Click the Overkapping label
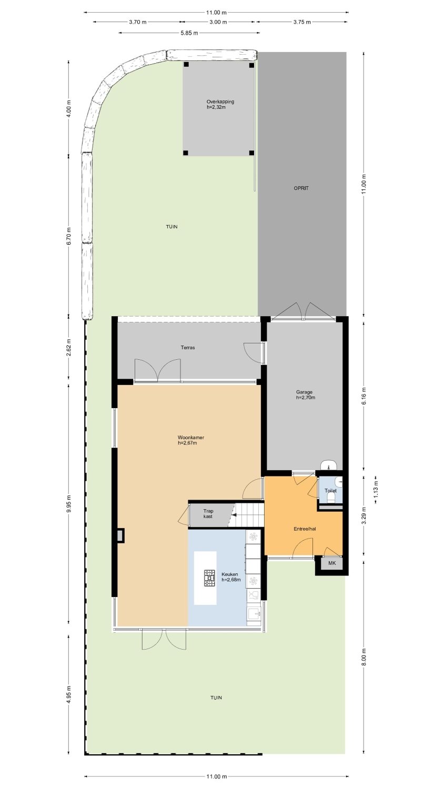(x=220, y=102)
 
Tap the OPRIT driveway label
(x=301, y=188)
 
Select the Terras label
(x=188, y=347)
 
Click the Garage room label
(x=304, y=392)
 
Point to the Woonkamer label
(x=191, y=438)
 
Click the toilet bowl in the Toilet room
(x=331, y=497)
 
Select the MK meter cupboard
(x=332, y=563)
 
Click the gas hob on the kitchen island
(x=210, y=578)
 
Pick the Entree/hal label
(x=305, y=529)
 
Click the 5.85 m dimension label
(x=189, y=33)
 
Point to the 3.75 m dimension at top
(x=302, y=22)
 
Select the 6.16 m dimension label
(x=365, y=394)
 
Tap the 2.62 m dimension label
(x=69, y=347)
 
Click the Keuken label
(x=230, y=574)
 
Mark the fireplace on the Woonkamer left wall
(x=120, y=535)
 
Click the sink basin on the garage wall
(x=329, y=465)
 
